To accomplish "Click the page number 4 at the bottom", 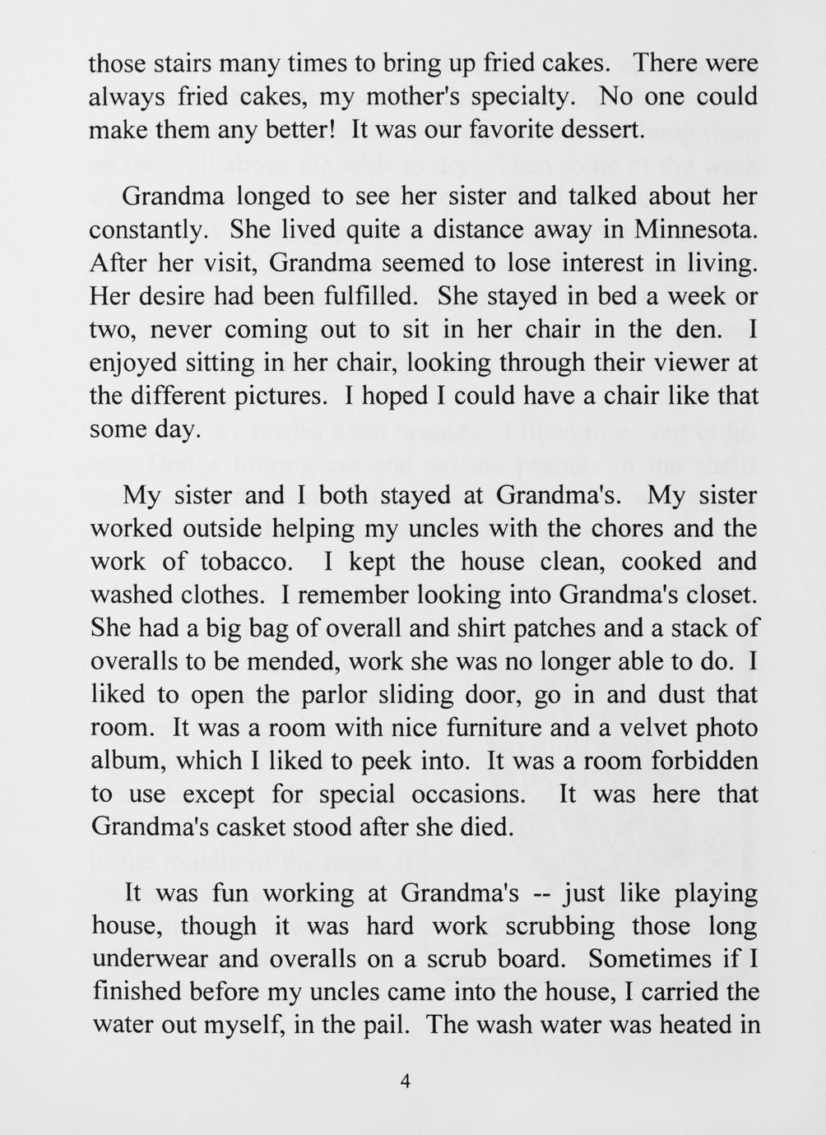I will click(404, 1082).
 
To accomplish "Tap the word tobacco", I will click(246, 562).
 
